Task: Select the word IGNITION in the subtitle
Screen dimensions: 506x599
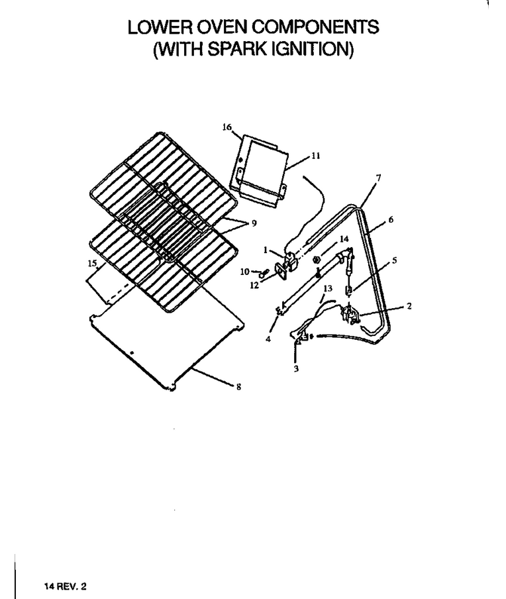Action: point(312,49)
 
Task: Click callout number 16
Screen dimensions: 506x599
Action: point(227,127)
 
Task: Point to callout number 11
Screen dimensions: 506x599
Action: point(316,156)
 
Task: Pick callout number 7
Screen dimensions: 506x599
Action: point(378,178)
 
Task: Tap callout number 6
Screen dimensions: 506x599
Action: point(391,220)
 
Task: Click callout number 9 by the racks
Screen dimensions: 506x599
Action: point(254,223)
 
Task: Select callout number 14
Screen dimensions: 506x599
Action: point(344,239)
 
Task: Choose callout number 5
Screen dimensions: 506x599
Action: point(395,260)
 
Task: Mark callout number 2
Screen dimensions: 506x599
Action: point(409,306)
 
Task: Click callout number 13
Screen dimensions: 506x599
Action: point(328,288)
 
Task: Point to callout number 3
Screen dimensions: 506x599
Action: point(296,368)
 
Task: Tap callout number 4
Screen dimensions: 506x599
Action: point(268,339)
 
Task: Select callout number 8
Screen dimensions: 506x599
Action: point(238,387)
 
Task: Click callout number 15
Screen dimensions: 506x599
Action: point(92,263)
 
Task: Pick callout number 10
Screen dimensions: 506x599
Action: point(244,272)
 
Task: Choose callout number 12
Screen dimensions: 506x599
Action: point(254,286)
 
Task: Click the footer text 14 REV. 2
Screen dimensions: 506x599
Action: point(66,586)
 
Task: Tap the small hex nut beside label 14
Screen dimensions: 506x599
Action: point(316,260)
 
